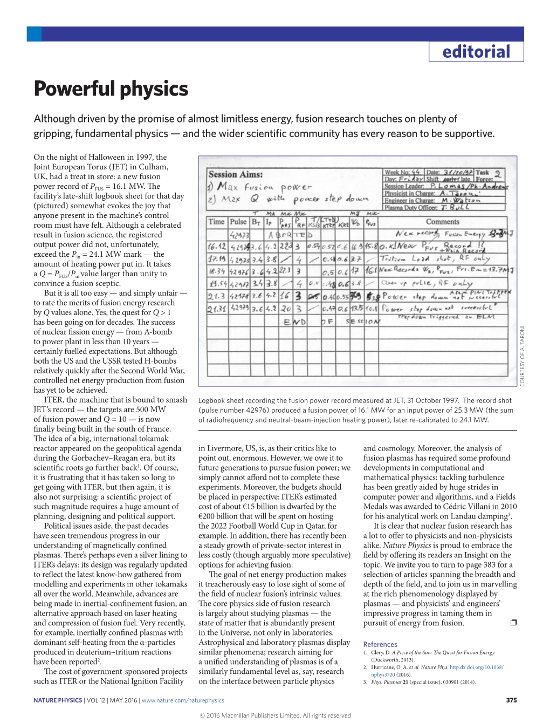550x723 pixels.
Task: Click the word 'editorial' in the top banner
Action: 476,52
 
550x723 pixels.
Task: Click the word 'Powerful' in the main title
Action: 74,89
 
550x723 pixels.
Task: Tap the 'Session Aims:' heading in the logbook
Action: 236,174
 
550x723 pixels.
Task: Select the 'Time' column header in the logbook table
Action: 216,222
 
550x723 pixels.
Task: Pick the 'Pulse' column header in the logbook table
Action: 238,222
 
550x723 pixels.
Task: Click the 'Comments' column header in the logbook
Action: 442,222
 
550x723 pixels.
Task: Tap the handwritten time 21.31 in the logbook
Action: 216,309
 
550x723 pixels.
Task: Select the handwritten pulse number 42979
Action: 239,309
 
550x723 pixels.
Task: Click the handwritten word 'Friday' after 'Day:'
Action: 411,179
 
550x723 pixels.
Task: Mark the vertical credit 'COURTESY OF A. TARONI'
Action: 521,356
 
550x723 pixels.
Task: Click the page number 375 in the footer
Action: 511,700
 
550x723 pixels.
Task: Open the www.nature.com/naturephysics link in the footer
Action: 183,700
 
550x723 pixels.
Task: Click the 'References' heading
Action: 380,644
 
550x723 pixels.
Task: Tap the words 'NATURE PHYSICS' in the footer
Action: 58,700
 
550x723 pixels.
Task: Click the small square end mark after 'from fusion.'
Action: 513,623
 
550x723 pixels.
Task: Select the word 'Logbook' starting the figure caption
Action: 213,400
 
